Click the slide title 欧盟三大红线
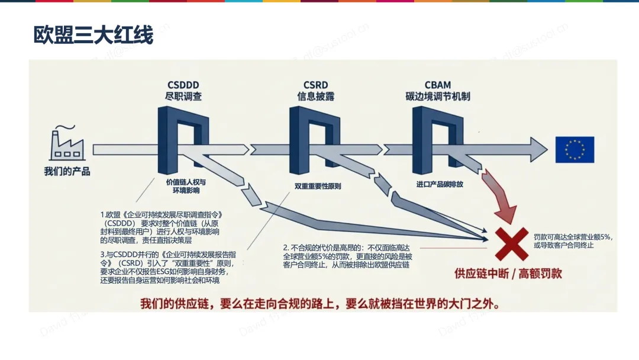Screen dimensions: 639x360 tap(93, 36)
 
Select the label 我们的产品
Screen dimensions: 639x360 tap(67, 172)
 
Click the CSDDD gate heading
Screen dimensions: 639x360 tap(184, 85)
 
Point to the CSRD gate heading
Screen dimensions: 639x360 tap(315, 85)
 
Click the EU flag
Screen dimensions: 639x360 tap(574, 149)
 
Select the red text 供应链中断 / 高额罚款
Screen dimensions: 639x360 tap(508, 273)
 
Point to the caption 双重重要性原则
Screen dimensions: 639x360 tap(317, 186)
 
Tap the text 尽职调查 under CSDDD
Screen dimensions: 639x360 tap(184, 96)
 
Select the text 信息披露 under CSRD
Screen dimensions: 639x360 tap(315, 96)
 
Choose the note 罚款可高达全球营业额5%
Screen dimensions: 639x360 tap(572, 240)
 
